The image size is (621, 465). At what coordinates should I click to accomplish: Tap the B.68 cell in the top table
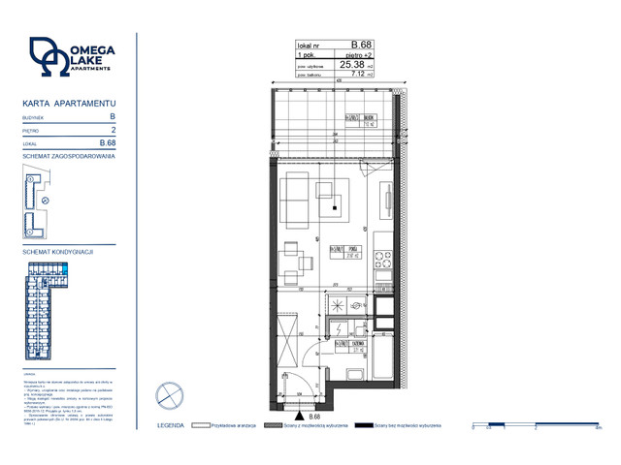pyautogui.click(x=360, y=45)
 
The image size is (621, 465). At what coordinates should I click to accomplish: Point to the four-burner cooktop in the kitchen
pyautogui.click(x=383, y=260)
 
